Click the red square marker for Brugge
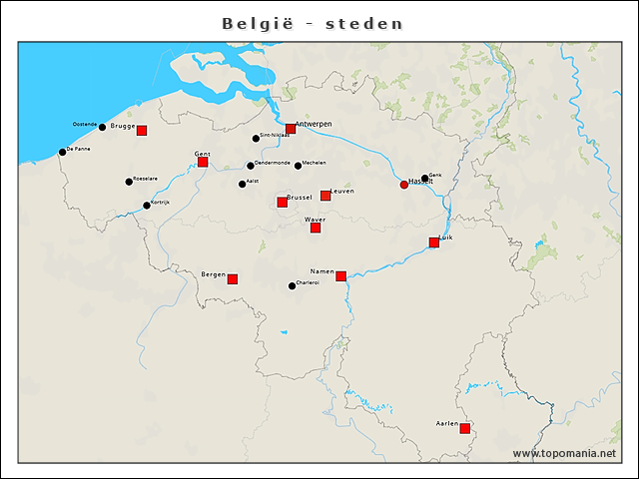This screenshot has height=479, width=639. click(x=142, y=131)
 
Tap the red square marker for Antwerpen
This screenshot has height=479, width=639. click(x=291, y=129)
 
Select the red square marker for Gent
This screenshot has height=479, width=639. click(x=203, y=162)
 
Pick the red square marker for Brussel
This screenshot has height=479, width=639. click(x=283, y=203)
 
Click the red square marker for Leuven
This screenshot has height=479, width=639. click(x=325, y=196)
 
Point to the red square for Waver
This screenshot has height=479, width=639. click(x=316, y=228)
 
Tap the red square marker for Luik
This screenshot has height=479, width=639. click(x=434, y=242)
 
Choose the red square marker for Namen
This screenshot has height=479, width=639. click(x=341, y=276)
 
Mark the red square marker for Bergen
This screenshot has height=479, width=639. click(x=233, y=279)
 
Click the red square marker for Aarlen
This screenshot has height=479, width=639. click(x=465, y=429)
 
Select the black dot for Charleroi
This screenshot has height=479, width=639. click(x=292, y=286)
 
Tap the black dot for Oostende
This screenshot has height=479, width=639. click(x=102, y=127)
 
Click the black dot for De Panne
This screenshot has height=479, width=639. click(x=62, y=152)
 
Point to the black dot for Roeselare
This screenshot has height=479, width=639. click(x=129, y=182)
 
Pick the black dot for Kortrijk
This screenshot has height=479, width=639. click(x=147, y=206)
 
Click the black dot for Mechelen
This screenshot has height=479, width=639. click(x=298, y=166)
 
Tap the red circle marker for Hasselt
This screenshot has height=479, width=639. click(x=404, y=185)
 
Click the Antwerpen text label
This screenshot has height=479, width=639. click(x=314, y=124)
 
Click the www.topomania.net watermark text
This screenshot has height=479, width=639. click(x=564, y=454)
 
